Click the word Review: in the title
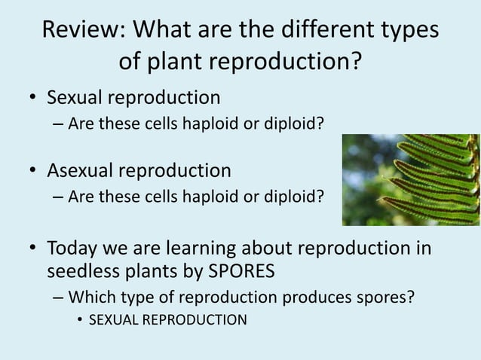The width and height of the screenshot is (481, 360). [x=82, y=32]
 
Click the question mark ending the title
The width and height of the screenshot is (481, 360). [x=354, y=62]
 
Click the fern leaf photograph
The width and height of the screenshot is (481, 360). [x=410, y=179]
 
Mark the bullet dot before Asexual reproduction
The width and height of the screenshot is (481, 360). [x=33, y=172]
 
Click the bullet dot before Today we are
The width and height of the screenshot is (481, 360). [x=33, y=248]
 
